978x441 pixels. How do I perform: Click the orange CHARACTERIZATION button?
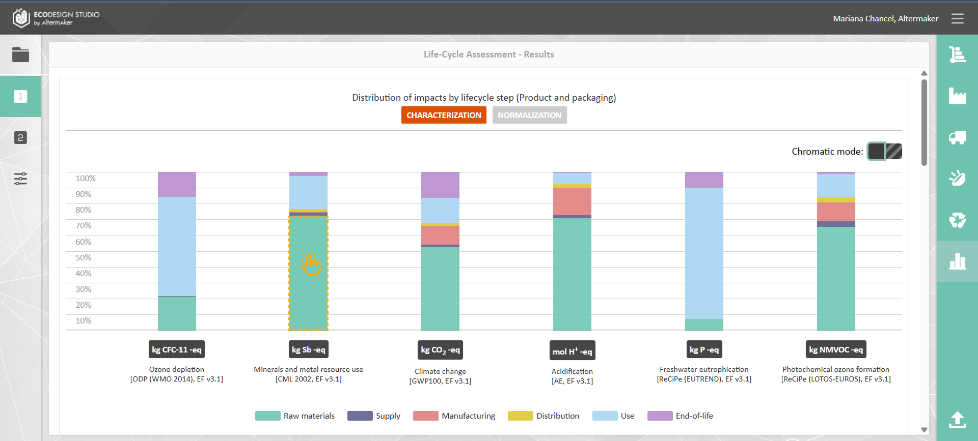pos(444,115)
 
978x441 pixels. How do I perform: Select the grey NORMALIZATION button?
pos(529,115)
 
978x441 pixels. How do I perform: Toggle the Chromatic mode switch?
pos(885,151)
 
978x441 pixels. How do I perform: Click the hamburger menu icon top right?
pos(957,19)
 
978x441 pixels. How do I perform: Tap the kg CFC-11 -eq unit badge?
pos(177,349)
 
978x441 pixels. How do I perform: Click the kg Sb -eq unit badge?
pos(309,349)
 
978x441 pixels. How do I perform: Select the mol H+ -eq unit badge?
pos(572,351)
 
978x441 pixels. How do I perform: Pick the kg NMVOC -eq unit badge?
pos(836,349)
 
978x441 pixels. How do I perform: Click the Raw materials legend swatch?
pos(267,416)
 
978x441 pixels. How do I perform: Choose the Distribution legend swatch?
pos(520,416)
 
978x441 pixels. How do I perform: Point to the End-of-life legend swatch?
pos(660,416)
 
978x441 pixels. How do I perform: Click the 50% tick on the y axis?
pos(84,257)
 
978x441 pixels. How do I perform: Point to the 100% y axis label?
pos(86,178)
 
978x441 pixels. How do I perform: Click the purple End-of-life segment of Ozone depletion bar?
pos(177,184)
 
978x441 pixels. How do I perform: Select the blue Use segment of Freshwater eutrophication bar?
pos(704,253)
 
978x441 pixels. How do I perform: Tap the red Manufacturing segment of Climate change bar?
pos(440,235)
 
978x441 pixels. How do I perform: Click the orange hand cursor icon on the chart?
pos(311,264)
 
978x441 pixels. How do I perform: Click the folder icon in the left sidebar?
pos(20,54)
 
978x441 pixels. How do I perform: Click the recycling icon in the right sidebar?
pos(957,220)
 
